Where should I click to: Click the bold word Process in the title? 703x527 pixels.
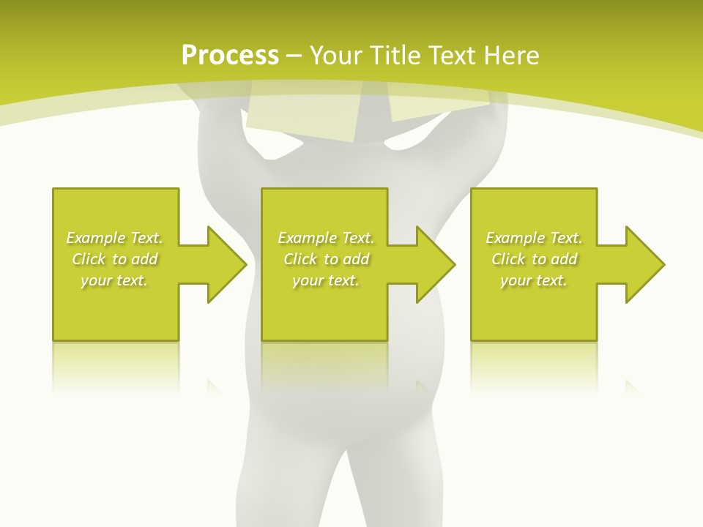[x=230, y=56]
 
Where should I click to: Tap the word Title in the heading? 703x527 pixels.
[x=393, y=56]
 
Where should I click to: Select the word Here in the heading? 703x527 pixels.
[x=512, y=56]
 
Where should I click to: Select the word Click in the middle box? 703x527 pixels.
[x=300, y=259]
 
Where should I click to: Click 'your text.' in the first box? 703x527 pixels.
[x=114, y=280]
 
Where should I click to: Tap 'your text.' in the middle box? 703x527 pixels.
[x=326, y=280]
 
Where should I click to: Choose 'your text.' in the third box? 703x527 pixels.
[x=534, y=280]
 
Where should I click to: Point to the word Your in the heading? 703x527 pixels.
[x=334, y=56]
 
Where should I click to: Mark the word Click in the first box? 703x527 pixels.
[x=89, y=259]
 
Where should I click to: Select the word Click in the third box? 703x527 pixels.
[x=508, y=259]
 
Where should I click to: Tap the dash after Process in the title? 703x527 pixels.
[x=294, y=56]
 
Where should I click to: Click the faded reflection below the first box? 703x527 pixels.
[x=116, y=366]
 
